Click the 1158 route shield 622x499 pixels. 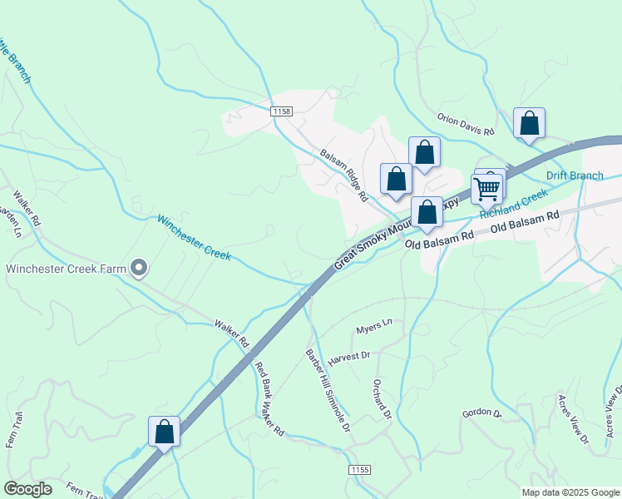pos(282,111)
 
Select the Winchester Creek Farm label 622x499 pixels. pos(67,268)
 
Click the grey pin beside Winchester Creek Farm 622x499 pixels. pos(140,268)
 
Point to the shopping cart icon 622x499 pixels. pos(486,189)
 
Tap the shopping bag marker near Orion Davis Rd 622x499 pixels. pos(529,125)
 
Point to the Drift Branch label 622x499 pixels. pos(575,175)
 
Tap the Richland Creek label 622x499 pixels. pos(514,204)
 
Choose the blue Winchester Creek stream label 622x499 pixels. pos(194,238)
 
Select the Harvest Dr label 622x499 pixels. pos(348,356)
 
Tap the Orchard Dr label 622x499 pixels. pos(382,399)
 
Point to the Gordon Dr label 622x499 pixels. pos(482,413)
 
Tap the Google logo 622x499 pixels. pos(27,489)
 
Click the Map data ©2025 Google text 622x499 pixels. pos(570,492)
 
